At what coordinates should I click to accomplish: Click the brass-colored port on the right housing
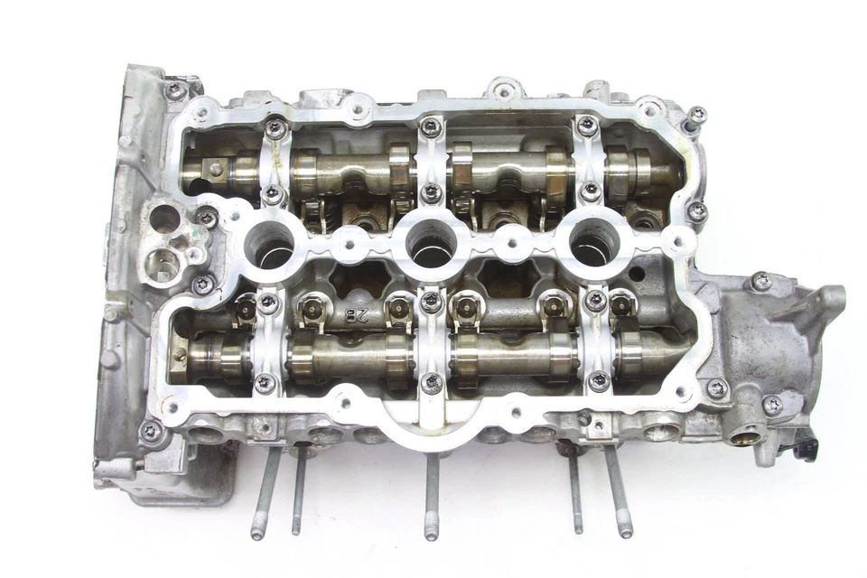click(743, 438)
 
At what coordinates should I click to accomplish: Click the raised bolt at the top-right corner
click(697, 114)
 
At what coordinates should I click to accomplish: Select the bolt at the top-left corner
click(175, 90)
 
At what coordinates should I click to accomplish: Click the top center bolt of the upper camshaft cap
click(432, 127)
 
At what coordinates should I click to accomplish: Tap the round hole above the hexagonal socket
click(164, 218)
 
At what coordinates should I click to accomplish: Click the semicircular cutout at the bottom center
click(432, 424)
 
